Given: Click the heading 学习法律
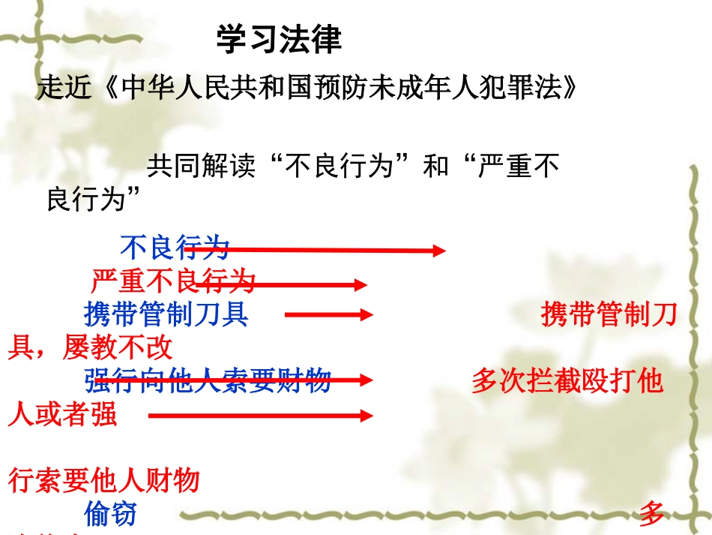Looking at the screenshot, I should (x=279, y=39).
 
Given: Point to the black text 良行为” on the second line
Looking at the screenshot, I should (x=95, y=200).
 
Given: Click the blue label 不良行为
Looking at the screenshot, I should (x=174, y=247).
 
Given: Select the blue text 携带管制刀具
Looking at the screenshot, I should (x=166, y=314).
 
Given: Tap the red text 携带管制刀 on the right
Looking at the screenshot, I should (x=609, y=315).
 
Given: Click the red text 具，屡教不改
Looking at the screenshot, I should (x=90, y=347).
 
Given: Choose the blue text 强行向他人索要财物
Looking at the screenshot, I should (x=208, y=381).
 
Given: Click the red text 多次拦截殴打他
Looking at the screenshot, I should (x=567, y=381).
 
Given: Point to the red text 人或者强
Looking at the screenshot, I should (x=62, y=414).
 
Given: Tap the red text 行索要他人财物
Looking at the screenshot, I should (x=103, y=479).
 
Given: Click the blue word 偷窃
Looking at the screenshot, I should (x=110, y=514).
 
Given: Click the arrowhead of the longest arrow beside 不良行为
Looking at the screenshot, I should (x=440, y=251).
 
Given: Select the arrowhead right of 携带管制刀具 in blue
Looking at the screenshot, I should (x=367, y=315).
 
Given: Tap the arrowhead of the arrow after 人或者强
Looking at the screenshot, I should (x=367, y=415).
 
